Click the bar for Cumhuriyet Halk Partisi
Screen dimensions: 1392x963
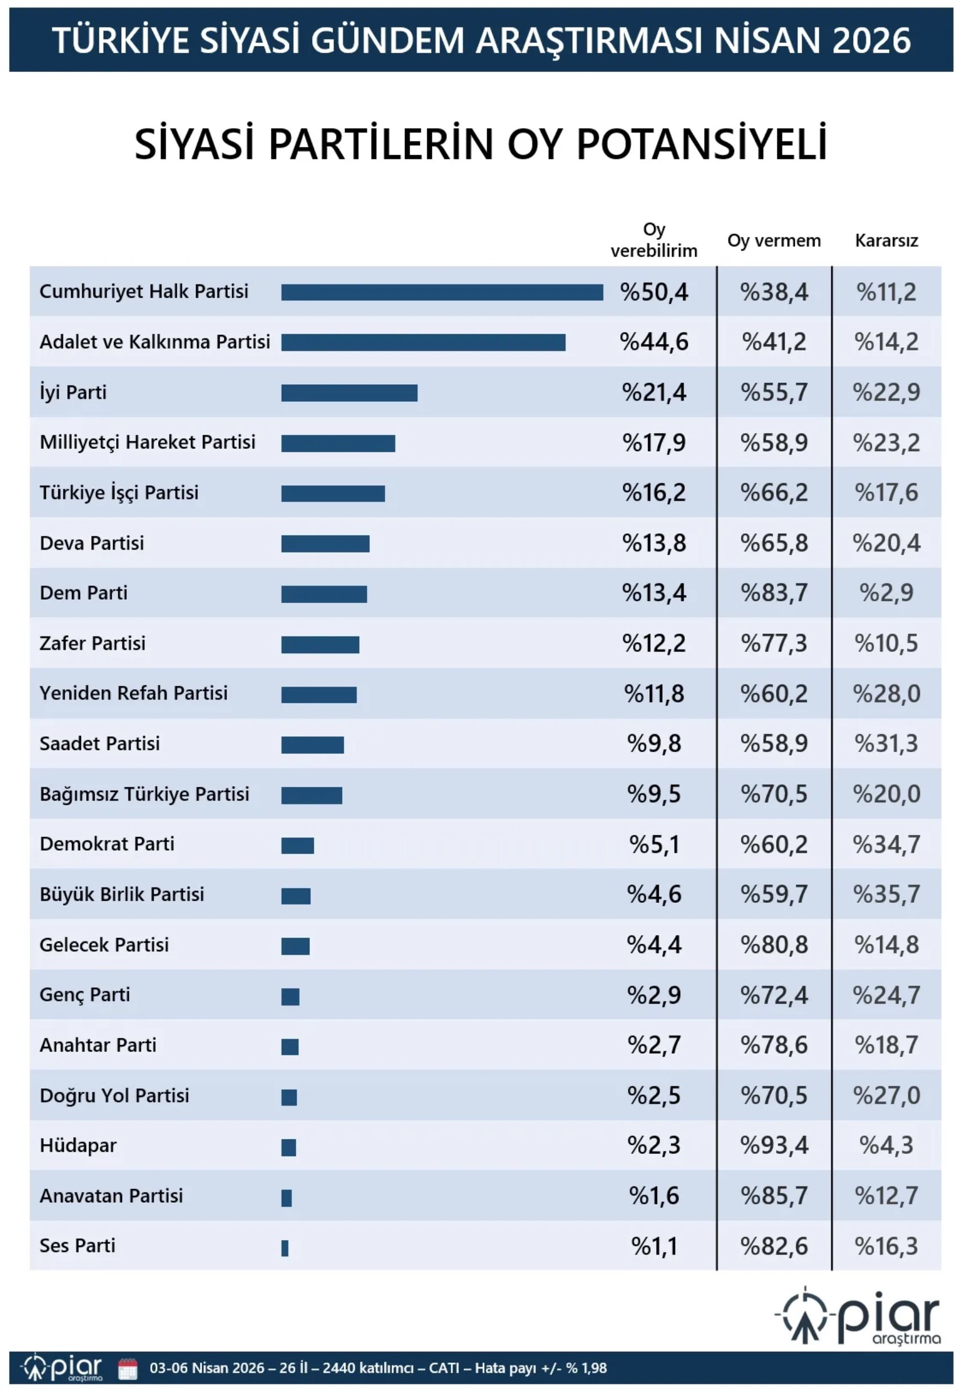tap(442, 292)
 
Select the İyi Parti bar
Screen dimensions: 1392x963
tap(349, 393)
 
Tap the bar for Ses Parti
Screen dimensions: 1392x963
tap(285, 1247)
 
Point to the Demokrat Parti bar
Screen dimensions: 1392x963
tap(297, 846)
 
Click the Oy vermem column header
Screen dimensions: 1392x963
tap(774, 241)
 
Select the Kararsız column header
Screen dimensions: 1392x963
tap(886, 241)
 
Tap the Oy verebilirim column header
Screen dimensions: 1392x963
tap(654, 240)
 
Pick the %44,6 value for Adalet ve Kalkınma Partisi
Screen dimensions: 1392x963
tap(654, 342)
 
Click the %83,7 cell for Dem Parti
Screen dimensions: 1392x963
tap(774, 593)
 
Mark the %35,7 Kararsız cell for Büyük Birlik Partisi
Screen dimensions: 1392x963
tap(886, 894)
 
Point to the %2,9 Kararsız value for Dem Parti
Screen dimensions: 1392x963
tap(886, 593)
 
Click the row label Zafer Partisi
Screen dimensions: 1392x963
tap(92, 643)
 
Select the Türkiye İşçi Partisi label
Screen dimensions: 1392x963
tap(119, 493)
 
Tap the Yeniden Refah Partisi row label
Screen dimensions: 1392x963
tap(133, 693)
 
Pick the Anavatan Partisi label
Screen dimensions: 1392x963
tap(111, 1196)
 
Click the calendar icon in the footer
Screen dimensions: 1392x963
tap(128, 1368)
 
